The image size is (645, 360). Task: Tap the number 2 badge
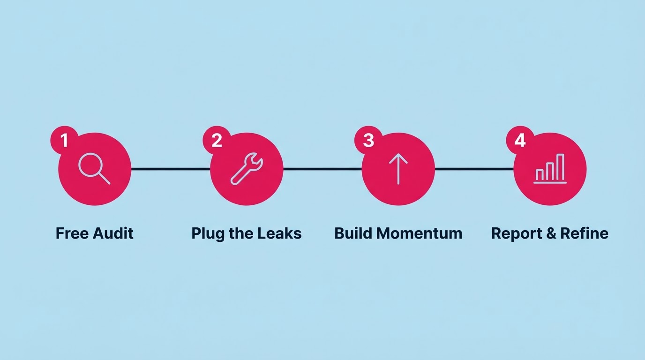click(217, 140)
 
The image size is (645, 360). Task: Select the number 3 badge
click(368, 140)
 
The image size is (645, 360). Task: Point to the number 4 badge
click(520, 140)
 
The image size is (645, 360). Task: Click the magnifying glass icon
click(94, 168)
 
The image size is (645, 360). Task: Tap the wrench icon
click(247, 168)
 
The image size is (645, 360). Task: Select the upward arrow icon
click(398, 169)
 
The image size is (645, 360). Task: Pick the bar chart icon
click(550, 169)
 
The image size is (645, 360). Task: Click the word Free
click(72, 233)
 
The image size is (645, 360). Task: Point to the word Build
click(353, 233)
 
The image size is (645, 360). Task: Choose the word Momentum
click(419, 233)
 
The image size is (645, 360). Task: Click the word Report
click(516, 234)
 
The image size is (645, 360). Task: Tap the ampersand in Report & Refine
click(551, 233)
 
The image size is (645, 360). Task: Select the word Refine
click(585, 233)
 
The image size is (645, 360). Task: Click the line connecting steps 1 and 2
click(171, 169)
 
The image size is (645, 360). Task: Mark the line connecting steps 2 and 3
click(322, 169)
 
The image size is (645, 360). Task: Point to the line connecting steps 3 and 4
click(474, 169)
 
